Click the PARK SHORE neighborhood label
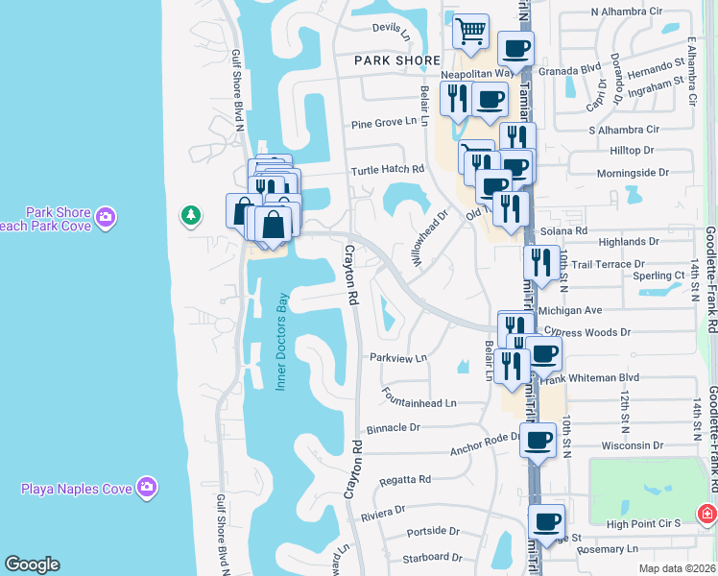click(396, 60)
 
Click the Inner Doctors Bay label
click(282, 340)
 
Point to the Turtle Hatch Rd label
click(387, 169)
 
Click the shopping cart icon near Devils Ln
click(470, 31)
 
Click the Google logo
click(32, 564)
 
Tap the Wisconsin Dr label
click(632, 445)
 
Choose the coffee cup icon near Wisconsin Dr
click(538, 440)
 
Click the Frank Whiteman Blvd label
click(590, 378)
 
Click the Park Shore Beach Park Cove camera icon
click(106, 218)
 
